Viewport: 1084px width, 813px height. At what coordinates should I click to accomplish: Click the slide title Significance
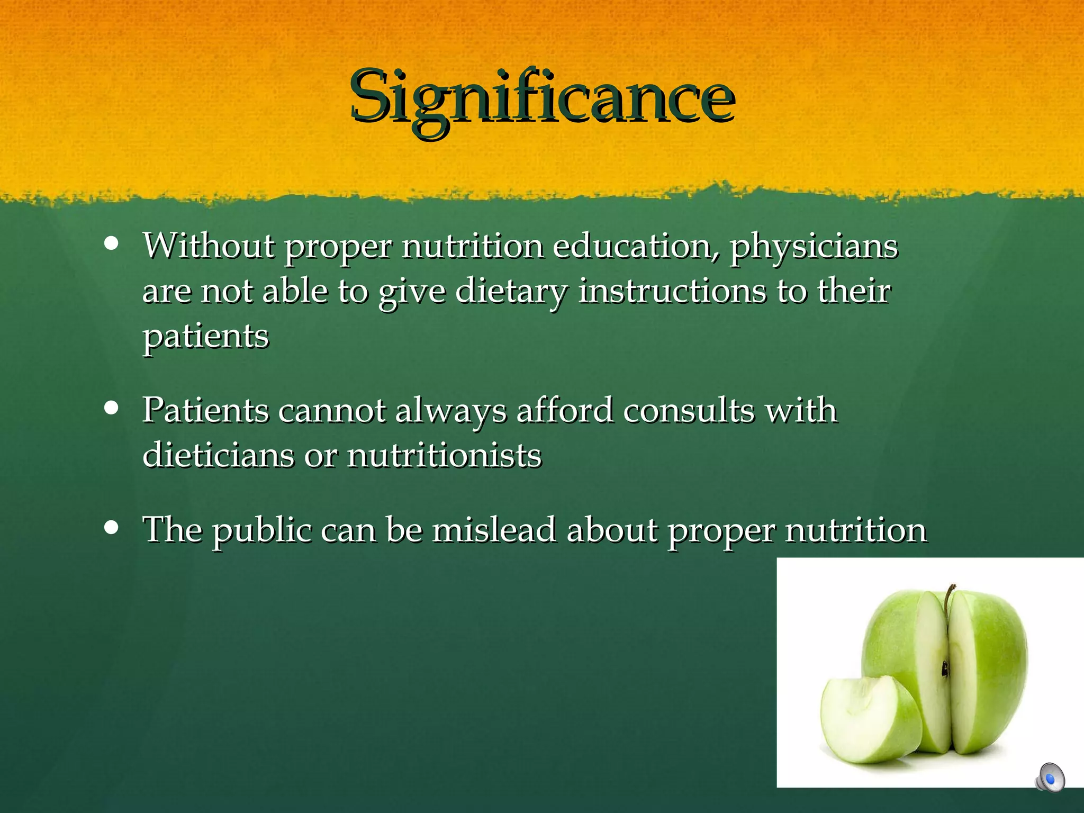542,98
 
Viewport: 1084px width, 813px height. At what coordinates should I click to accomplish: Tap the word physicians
814,248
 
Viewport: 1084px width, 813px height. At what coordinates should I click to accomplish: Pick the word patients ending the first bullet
206,337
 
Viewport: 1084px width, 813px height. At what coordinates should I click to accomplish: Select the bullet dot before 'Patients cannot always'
111,408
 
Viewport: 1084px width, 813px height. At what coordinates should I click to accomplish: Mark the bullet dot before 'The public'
111,527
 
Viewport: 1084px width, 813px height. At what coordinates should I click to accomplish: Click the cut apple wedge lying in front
868,720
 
